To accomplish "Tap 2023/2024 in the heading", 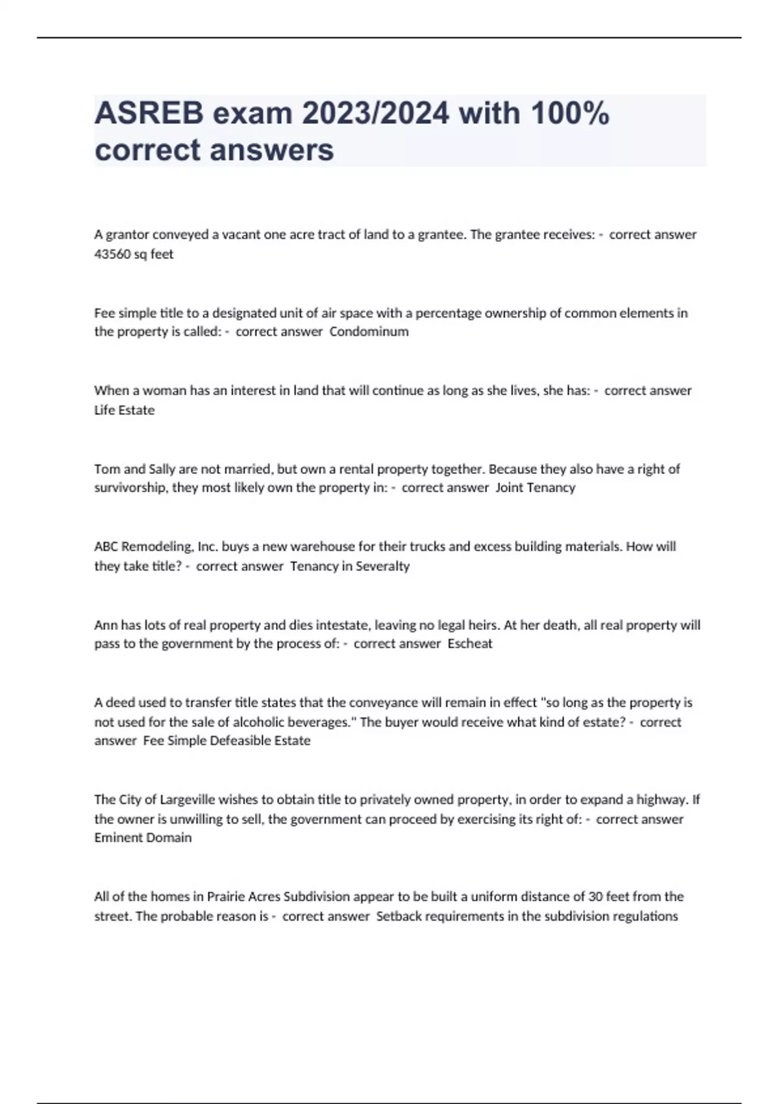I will point(375,114).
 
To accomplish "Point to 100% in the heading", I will point(570,114).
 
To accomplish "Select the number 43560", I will point(112,255).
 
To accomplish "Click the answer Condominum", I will point(369,332).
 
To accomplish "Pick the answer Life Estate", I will point(125,410).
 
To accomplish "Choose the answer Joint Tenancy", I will point(535,488).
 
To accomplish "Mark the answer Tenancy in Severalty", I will point(350,566).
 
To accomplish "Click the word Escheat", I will point(470,644).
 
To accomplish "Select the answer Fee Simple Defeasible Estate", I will point(227,741).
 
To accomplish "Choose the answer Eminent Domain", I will point(143,838).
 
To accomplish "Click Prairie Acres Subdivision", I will point(278,897).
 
